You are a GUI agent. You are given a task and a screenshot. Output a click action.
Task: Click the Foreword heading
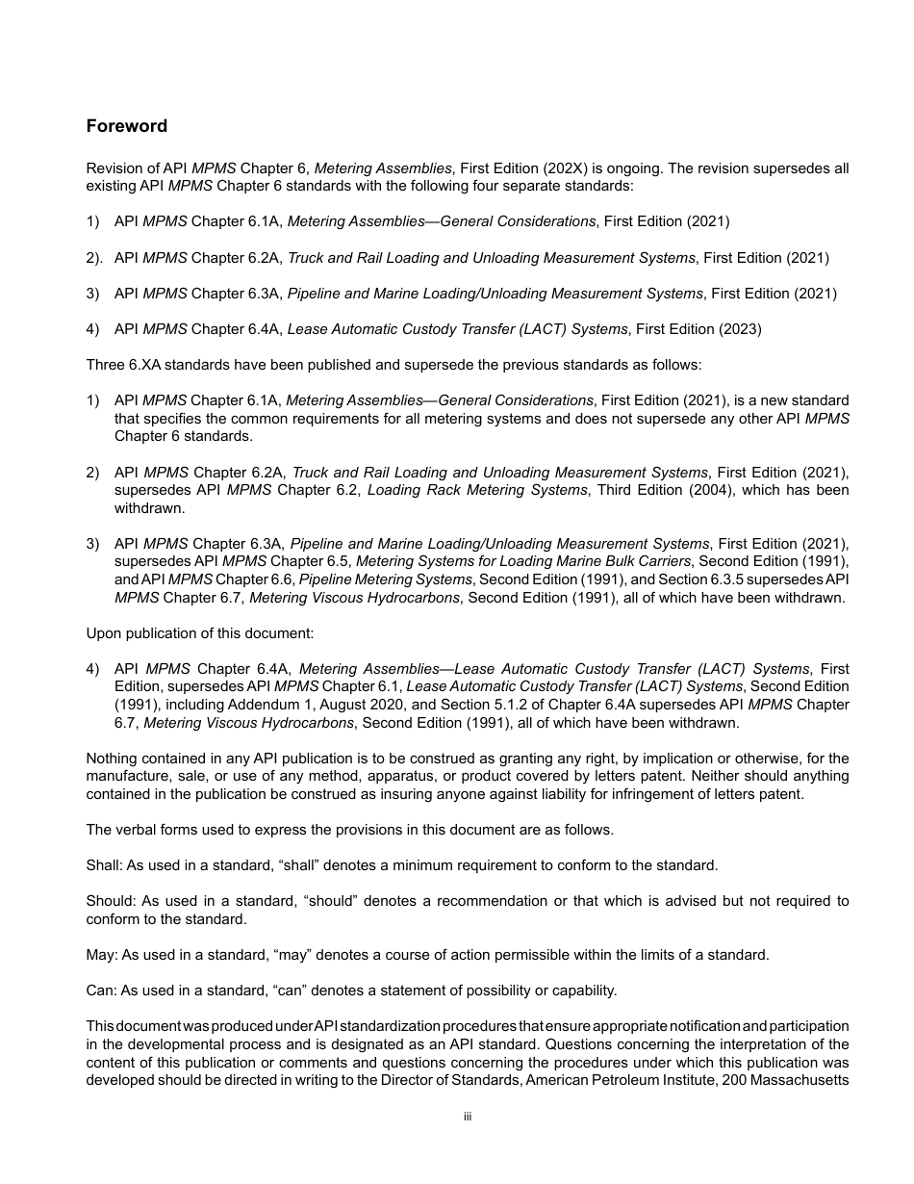126,126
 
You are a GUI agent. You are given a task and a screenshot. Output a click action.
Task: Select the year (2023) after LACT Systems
741,329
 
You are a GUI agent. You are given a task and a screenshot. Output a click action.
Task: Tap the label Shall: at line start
103,865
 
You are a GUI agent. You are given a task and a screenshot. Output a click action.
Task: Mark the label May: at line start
101,955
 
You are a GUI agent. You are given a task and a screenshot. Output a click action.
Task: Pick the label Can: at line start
101,991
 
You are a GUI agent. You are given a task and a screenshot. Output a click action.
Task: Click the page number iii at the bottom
467,1117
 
